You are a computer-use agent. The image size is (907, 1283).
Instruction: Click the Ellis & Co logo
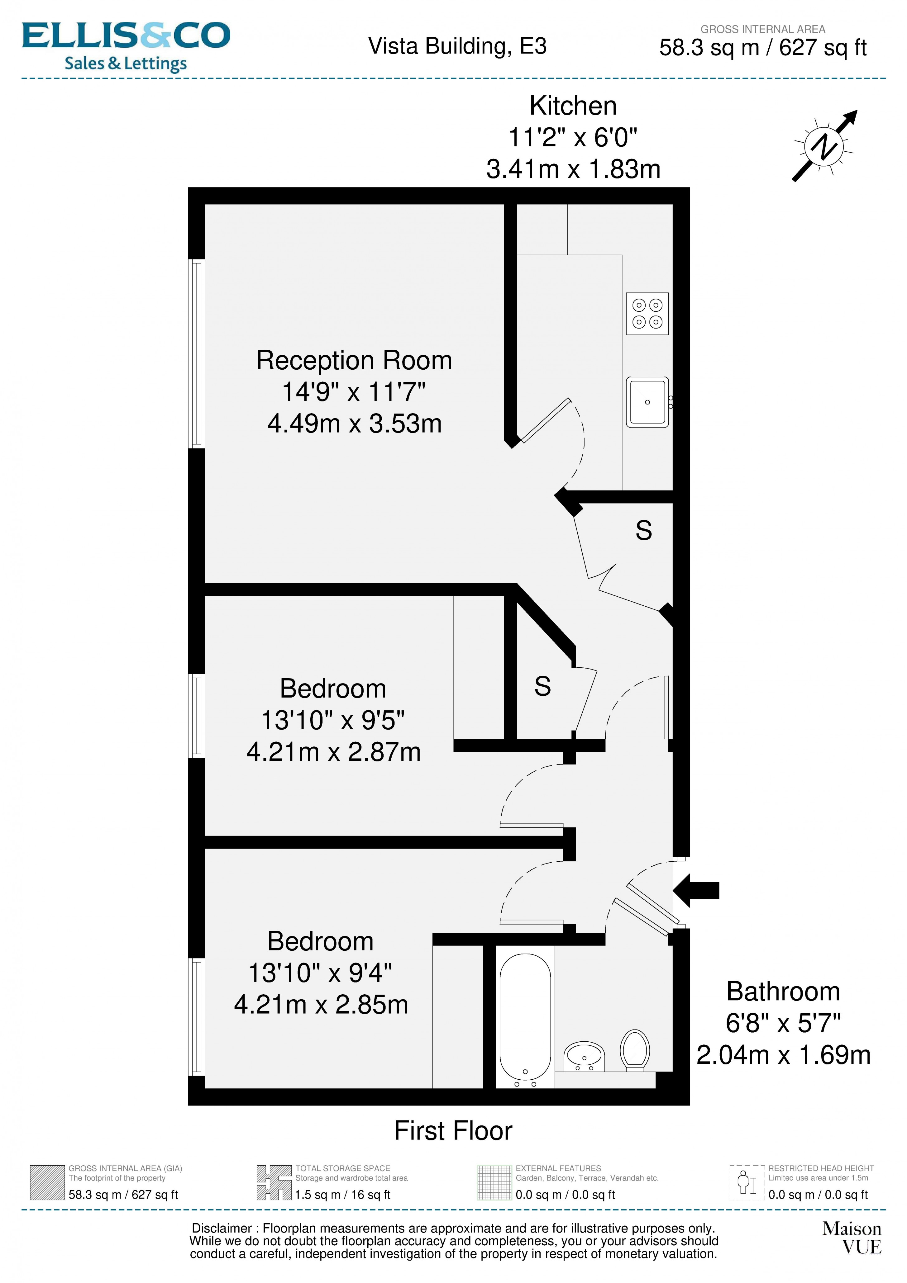click(x=126, y=46)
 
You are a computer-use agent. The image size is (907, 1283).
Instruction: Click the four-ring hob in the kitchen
click(x=647, y=314)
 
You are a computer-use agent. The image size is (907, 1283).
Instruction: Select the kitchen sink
click(x=647, y=402)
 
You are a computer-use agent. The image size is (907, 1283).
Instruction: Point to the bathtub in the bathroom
click(x=524, y=1019)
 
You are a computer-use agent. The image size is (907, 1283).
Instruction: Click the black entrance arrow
click(x=696, y=890)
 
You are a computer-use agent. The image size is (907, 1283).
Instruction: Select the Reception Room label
click(x=354, y=360)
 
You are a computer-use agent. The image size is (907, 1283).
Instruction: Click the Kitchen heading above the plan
click(x=573, y=106)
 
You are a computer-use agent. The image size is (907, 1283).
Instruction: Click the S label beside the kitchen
click(x=644, y=530)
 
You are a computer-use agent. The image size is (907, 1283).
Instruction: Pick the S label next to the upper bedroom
click(x=542, y=686)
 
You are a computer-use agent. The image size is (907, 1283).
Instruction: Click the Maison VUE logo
click(x=852, y=1238)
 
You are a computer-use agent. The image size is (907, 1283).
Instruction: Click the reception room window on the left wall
click(x=196, y=354)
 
